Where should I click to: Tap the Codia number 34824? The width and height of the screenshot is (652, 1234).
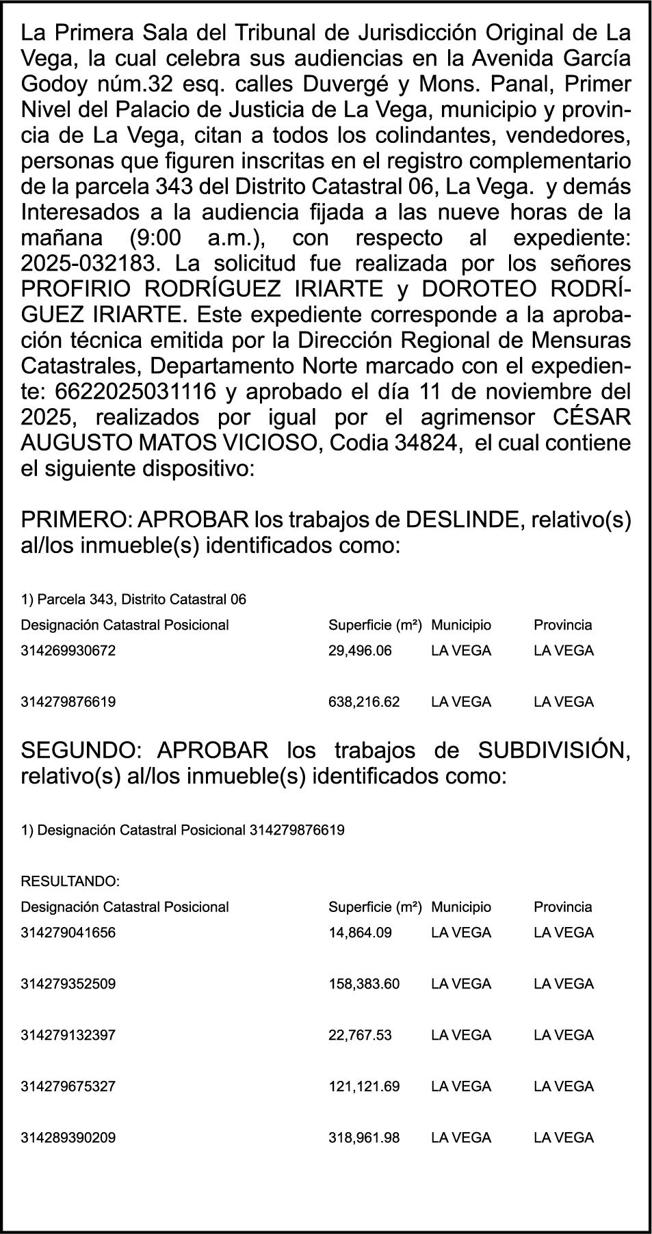[426, 443]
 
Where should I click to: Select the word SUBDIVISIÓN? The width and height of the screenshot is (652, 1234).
[553, 750]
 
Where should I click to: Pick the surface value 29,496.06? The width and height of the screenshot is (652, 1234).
[360, 651]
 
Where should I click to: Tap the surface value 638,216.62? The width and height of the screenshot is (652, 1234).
[364, 702]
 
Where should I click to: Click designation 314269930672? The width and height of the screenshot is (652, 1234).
[68, 651]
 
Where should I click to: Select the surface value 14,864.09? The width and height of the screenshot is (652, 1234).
[360, 933]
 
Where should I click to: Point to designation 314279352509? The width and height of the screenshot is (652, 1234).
[68, 984]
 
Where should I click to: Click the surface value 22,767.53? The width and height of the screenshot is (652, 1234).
[360, 1035]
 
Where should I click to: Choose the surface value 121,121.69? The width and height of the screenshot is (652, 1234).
[364, 1086]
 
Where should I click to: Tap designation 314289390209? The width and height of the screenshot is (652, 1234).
[68, 1138]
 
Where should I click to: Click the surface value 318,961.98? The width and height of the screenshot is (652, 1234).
[364, 1138]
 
